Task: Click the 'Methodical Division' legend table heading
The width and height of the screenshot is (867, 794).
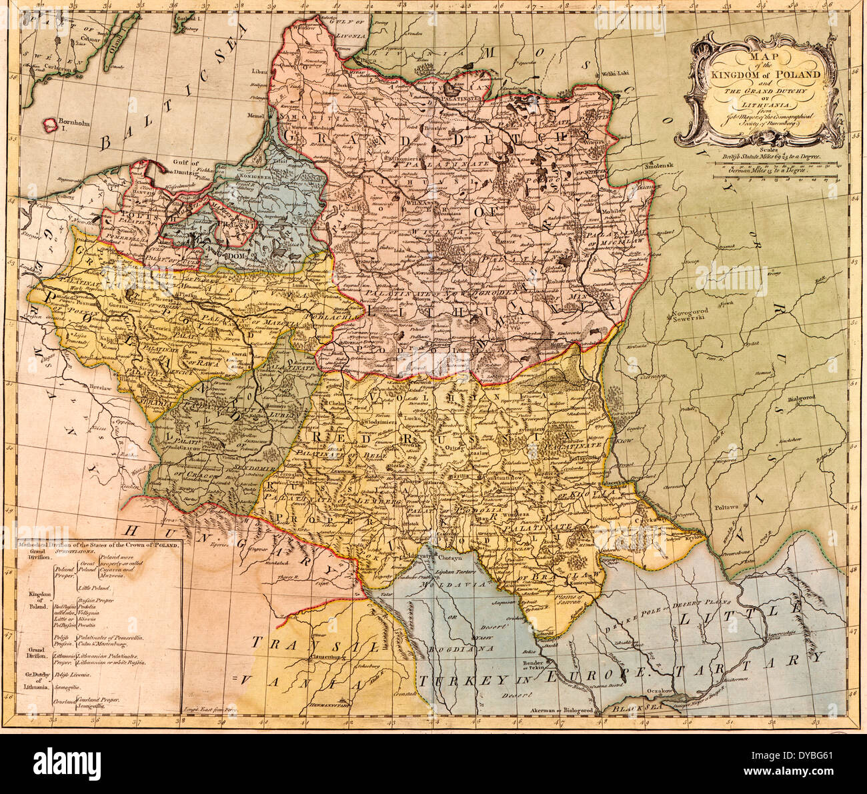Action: [100, 545]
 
